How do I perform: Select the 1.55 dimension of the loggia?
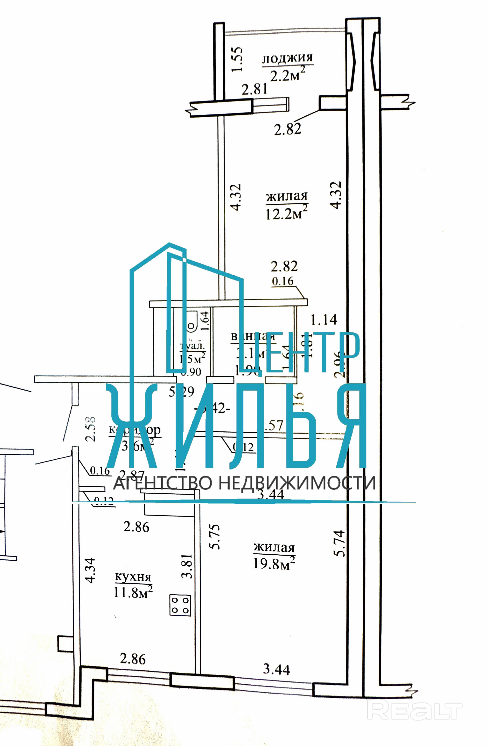pyautogui.click(x=237, y=59)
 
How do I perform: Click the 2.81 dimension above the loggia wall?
pyautogui.click(x=254, y=89)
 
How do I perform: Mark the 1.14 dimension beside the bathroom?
pyautogui.click(x=324, y=320)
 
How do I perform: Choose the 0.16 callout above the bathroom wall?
pyautogui.click(x=282, y=281)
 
